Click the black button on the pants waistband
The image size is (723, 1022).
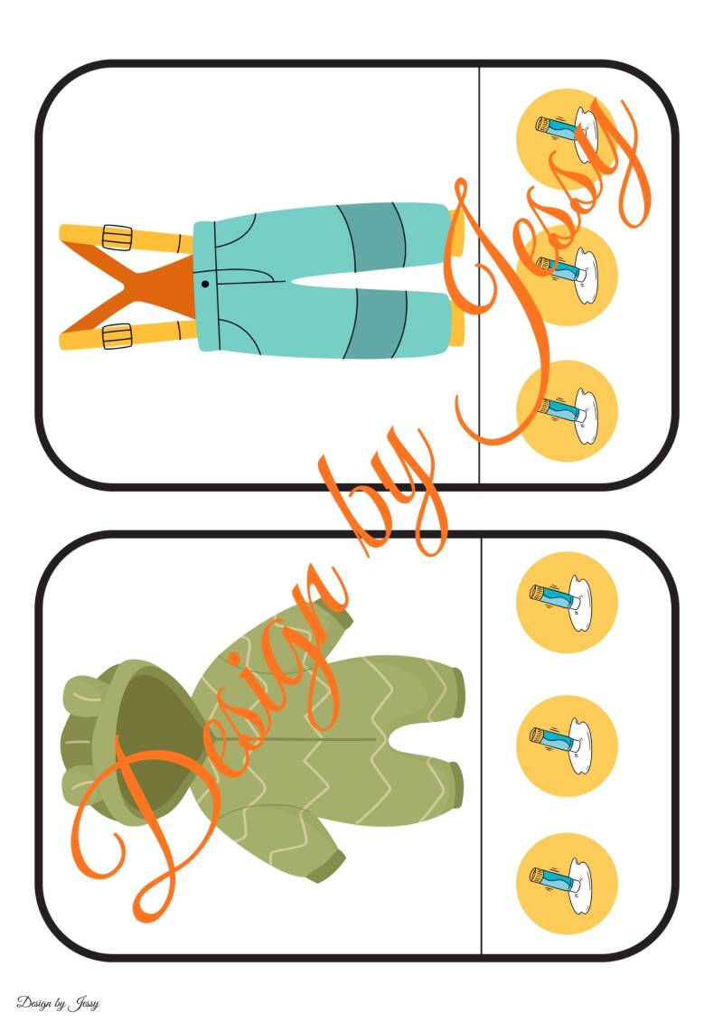coord(205,284)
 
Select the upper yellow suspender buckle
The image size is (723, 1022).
coord(117,237)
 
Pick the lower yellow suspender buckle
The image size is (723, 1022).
coord(117,335)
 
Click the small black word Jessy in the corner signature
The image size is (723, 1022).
coord(83,1002)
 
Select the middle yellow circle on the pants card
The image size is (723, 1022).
coord(567,274)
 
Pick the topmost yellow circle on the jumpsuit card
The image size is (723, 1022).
coord(567,602)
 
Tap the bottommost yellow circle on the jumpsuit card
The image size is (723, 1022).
coord(567,883)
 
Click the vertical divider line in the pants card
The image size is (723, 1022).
coord(479,275)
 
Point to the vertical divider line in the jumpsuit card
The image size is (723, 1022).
coord(481,746)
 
